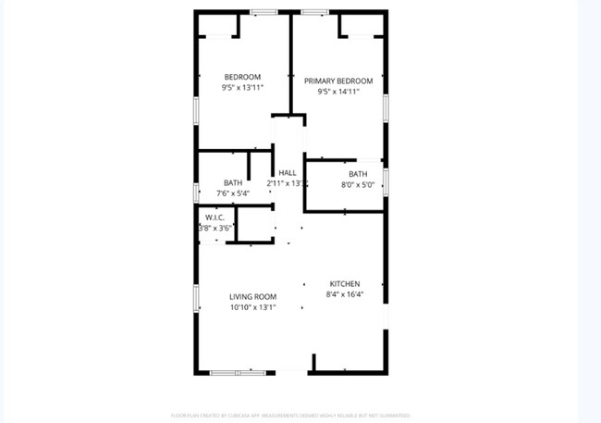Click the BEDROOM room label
point(242,77)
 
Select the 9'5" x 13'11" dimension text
point(242,88)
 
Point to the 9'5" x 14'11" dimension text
point(337,92)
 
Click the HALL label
point(287,173)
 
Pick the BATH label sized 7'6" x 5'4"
point(233,182)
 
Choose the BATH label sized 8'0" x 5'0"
point(357,174)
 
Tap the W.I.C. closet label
point(215,218)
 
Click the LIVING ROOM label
point(253,297)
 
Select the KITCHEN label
point(345,283)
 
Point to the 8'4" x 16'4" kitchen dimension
point(345,294)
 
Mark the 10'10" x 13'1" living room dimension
point(253,308)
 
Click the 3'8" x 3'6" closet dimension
point(215,228)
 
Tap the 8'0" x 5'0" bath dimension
point(357,185)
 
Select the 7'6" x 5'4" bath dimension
point(233,193)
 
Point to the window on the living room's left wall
point(196,297)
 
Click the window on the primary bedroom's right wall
point(386,108)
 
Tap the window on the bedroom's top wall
point(264,12)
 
